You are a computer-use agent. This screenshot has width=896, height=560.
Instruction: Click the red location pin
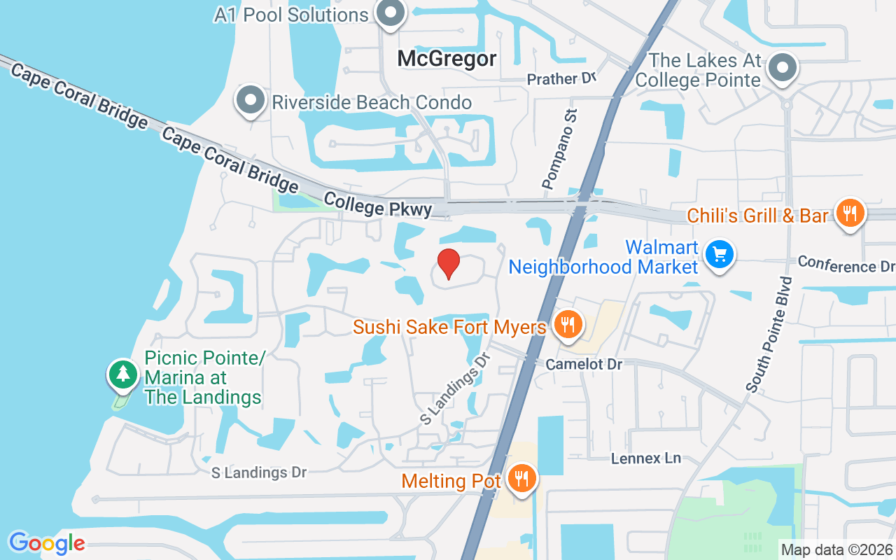[x=449, y=263]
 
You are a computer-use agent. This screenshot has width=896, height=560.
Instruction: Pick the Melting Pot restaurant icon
[x=521, y=479]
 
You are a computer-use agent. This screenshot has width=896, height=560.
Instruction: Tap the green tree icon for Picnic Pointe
[x=123, y=373]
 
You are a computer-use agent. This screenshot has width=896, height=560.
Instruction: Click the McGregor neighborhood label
[x=447, y=59]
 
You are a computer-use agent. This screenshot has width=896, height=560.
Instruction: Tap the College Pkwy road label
[x=377, y=205]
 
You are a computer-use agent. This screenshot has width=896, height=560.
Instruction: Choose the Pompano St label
[x=561, y=151]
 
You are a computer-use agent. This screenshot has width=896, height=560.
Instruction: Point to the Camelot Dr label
[x=584, y=364]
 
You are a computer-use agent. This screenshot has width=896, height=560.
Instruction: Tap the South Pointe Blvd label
[x=770, y=334]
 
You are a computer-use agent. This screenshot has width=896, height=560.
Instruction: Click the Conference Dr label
[x=846, y=264]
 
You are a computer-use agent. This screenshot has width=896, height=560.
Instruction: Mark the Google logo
[x=47, y=542]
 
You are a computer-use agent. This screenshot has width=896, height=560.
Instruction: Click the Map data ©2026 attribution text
[x=837, y=549]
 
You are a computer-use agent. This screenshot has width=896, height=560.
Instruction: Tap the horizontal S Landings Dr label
[x=259, y=472]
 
